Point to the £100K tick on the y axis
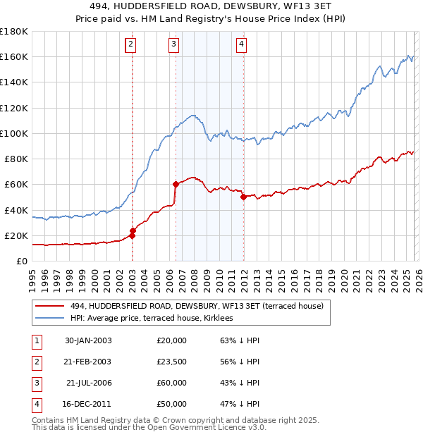click(13, 133)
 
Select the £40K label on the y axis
click(16, 210)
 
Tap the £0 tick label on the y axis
click(23, 261)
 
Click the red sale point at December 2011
click(243, 197)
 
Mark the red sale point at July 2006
click(176, 185)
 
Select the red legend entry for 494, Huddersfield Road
click(197, 306)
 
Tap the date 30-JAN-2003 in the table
click(88, 340)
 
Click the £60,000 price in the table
click(172, 383)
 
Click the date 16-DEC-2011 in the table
click(88, 404)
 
